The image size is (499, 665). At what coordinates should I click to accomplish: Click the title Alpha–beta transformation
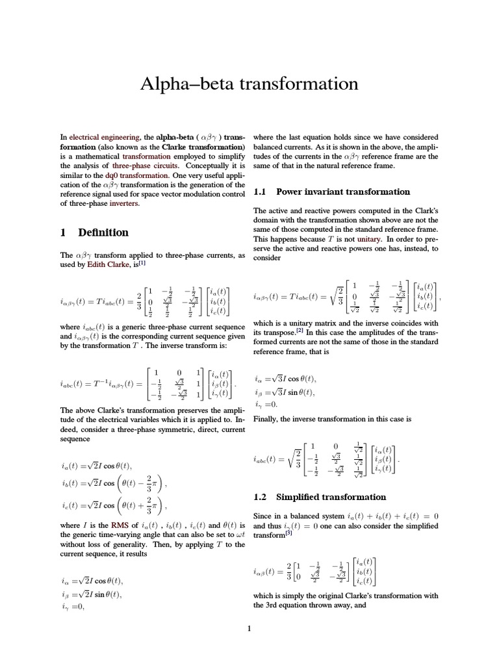pos(249,84)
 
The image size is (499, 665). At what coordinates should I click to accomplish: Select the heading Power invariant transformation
pos(343,192)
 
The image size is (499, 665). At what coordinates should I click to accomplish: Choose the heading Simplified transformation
pos(331,497)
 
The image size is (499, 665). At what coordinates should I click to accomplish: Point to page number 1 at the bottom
pos(249,628)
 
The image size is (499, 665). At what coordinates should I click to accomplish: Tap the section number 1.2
pos(261,497)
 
